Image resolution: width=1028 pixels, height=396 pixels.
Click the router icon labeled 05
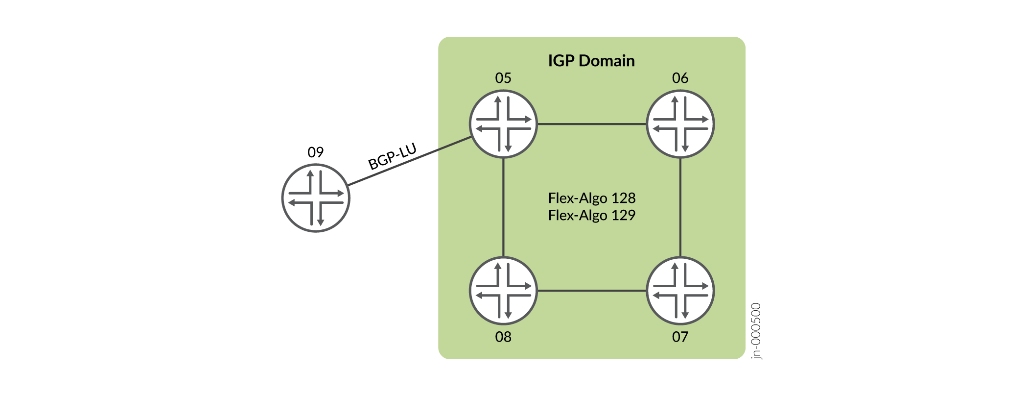pyautogui.click(x=503, y=124)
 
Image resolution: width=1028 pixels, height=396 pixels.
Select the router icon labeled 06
pyautogui.click(x=680, y=124)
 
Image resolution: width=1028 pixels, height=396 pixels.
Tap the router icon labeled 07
pyautogui.click(x=680, y=291)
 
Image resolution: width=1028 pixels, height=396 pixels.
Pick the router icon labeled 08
pyautogui.click(x=503, y=291)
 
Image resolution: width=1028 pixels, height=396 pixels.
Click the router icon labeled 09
pyautogui.click(x=316, y=198)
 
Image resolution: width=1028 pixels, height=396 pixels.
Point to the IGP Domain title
pyautogui.click(x=591, y=61)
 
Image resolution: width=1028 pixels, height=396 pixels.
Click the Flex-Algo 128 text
pyautogui.click(x=591, y=198)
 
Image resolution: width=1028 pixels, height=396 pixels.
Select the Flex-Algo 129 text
pyautogui.click(x=591, y=215)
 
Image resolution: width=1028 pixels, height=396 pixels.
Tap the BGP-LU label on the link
pyautogui.click(x=392, y=157)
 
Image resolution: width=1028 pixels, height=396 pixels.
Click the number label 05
pyautogui.click(x=503, y=78)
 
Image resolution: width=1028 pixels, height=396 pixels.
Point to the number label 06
pyautogui.click(x=680, y=78)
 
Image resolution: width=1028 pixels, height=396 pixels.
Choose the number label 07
pyautogui.click(x=680, y=337)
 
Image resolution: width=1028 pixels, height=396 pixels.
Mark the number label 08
pyautogui.click(x=503, y=337)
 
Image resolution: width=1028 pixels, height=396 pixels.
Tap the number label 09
pyautogui.click(x=316, y=152)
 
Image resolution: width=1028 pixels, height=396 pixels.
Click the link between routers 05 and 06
pyautogui.click(x=591, y=124)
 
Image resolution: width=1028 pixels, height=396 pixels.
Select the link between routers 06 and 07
pyautogui.click(x=680, y=207)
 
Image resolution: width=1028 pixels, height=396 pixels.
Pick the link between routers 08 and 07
pyautogui.click(x=591, y=291)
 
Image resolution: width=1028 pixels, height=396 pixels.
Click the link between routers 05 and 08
pyautogui.click(x=503, y=207)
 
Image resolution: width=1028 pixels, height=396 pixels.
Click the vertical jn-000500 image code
pyautogui.click(x=756, y=331)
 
